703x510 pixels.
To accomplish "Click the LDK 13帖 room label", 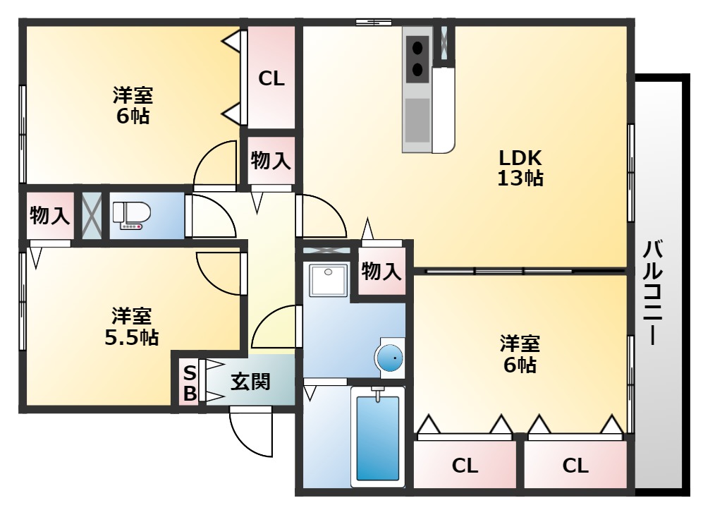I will [x=520, y=167].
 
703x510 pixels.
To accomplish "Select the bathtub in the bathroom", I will [x=377, y=438].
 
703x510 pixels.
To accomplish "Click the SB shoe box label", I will [x=190, y=383].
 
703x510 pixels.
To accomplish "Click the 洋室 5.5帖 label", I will [x=131, y=326].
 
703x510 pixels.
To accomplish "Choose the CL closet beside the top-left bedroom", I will [x=271, y=79].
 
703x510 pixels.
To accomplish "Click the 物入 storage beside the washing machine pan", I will [x=382, y=271].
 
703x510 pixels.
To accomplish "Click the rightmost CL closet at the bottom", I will [x=575, y=466].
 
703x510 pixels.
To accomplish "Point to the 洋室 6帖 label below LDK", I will [x=520, y=354].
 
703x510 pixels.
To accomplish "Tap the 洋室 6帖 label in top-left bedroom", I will [x=133, y=105].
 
